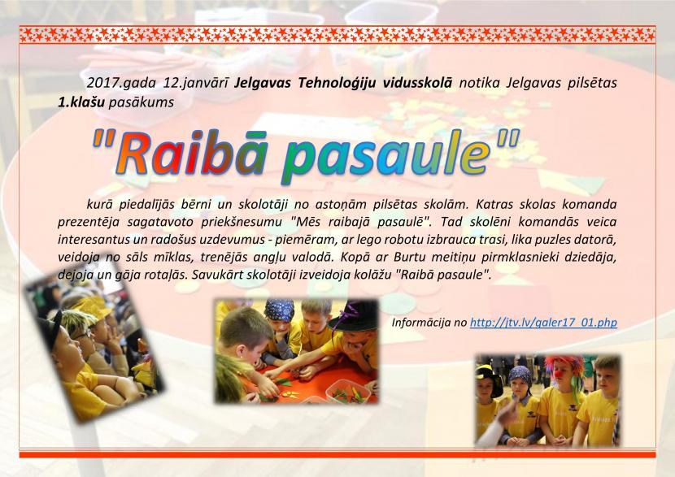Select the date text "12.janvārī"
point(196,83)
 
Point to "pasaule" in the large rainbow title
point(386,157)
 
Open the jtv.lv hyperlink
point(543,322)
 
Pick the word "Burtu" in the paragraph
point(408,258)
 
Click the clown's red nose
point(559,374)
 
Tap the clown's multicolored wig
point(564,366)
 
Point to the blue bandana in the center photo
point(280,310)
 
